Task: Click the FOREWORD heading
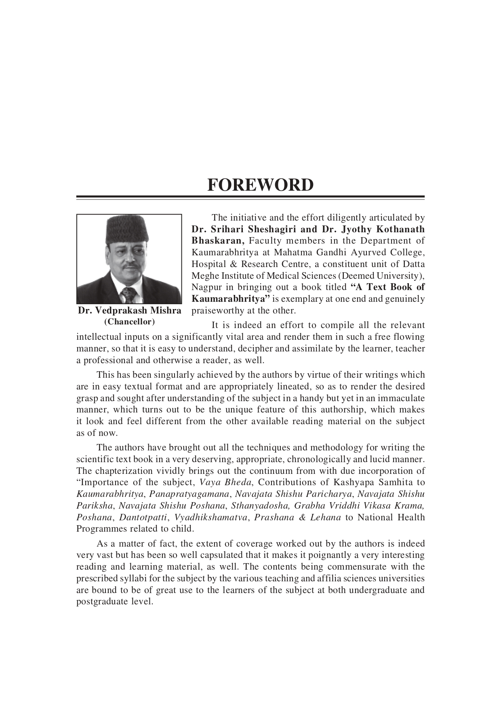(261, 185)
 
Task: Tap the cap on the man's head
(128, 232)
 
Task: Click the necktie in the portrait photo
(129, 295)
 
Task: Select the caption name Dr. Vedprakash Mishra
(129, 311)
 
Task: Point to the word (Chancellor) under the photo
(129, 322)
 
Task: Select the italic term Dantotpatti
(143, 518)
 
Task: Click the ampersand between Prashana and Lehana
(303, 518)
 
